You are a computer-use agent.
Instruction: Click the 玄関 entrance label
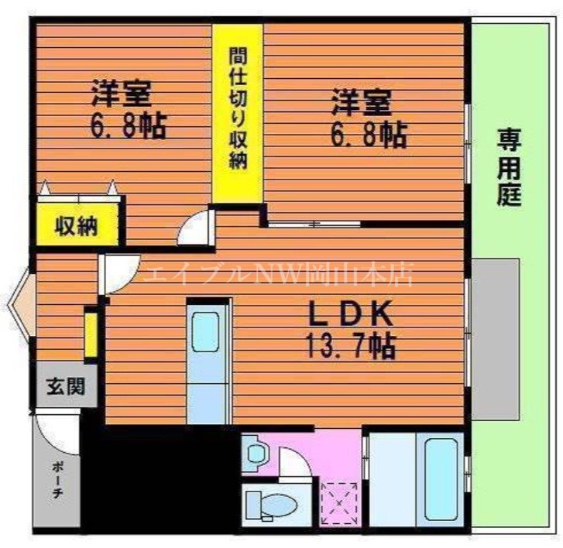64,385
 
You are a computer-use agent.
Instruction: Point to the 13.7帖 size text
354,345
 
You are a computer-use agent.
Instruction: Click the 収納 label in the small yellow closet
75,226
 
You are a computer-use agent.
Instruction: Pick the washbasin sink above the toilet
253,454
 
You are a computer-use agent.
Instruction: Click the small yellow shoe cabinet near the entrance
91,334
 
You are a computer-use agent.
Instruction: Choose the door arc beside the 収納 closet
193,229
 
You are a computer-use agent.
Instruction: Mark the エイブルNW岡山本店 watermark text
279,273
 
